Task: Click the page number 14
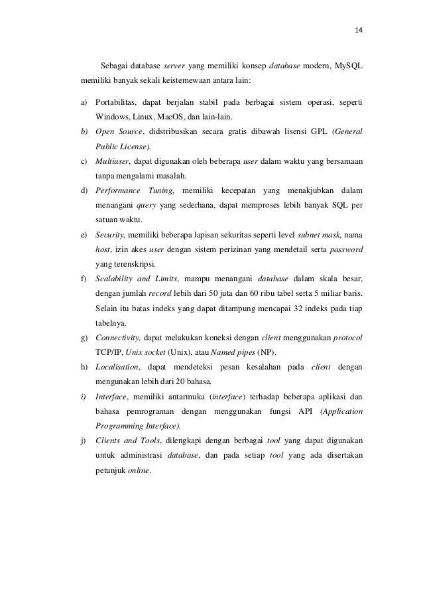(359, 30)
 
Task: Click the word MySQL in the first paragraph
(348, 66)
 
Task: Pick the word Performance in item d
(119, 190)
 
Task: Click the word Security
(109, 234)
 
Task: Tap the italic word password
(345, 249)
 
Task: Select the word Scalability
(118, 278)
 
